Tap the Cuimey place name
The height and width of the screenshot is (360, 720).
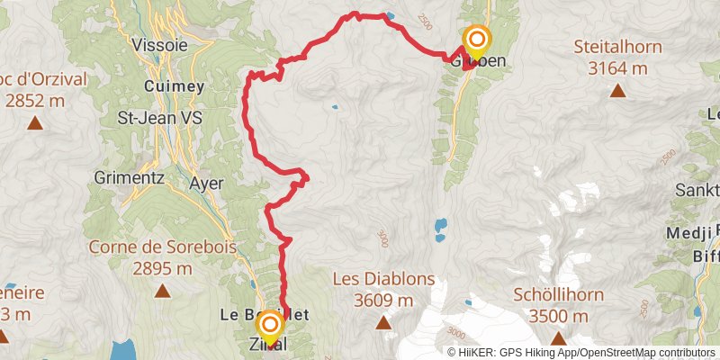175,86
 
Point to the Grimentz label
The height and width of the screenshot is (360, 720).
128,178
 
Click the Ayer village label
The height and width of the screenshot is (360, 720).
206,183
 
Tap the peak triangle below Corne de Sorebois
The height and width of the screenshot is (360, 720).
162,291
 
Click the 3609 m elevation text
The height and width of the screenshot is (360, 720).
382,300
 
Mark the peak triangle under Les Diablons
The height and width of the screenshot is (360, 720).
382,322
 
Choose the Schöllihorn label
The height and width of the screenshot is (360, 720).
552,294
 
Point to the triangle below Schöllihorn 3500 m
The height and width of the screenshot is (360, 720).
557,338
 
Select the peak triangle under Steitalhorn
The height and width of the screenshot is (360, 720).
617,89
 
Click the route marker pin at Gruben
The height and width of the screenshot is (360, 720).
476,41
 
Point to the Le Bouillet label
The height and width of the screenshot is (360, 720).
265,315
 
